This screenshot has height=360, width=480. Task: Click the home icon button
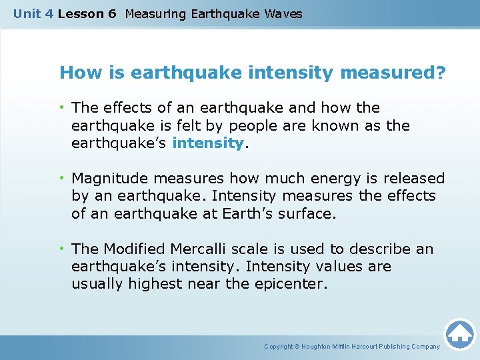(460, 334)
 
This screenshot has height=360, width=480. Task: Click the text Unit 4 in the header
(33, 13)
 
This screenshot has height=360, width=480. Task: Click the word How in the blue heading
(75, 72)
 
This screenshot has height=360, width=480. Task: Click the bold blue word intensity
(208, 143)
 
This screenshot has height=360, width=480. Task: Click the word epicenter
(292, 284)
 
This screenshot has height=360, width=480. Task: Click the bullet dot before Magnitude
(62, 179)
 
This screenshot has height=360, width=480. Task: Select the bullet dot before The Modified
(62, 249)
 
